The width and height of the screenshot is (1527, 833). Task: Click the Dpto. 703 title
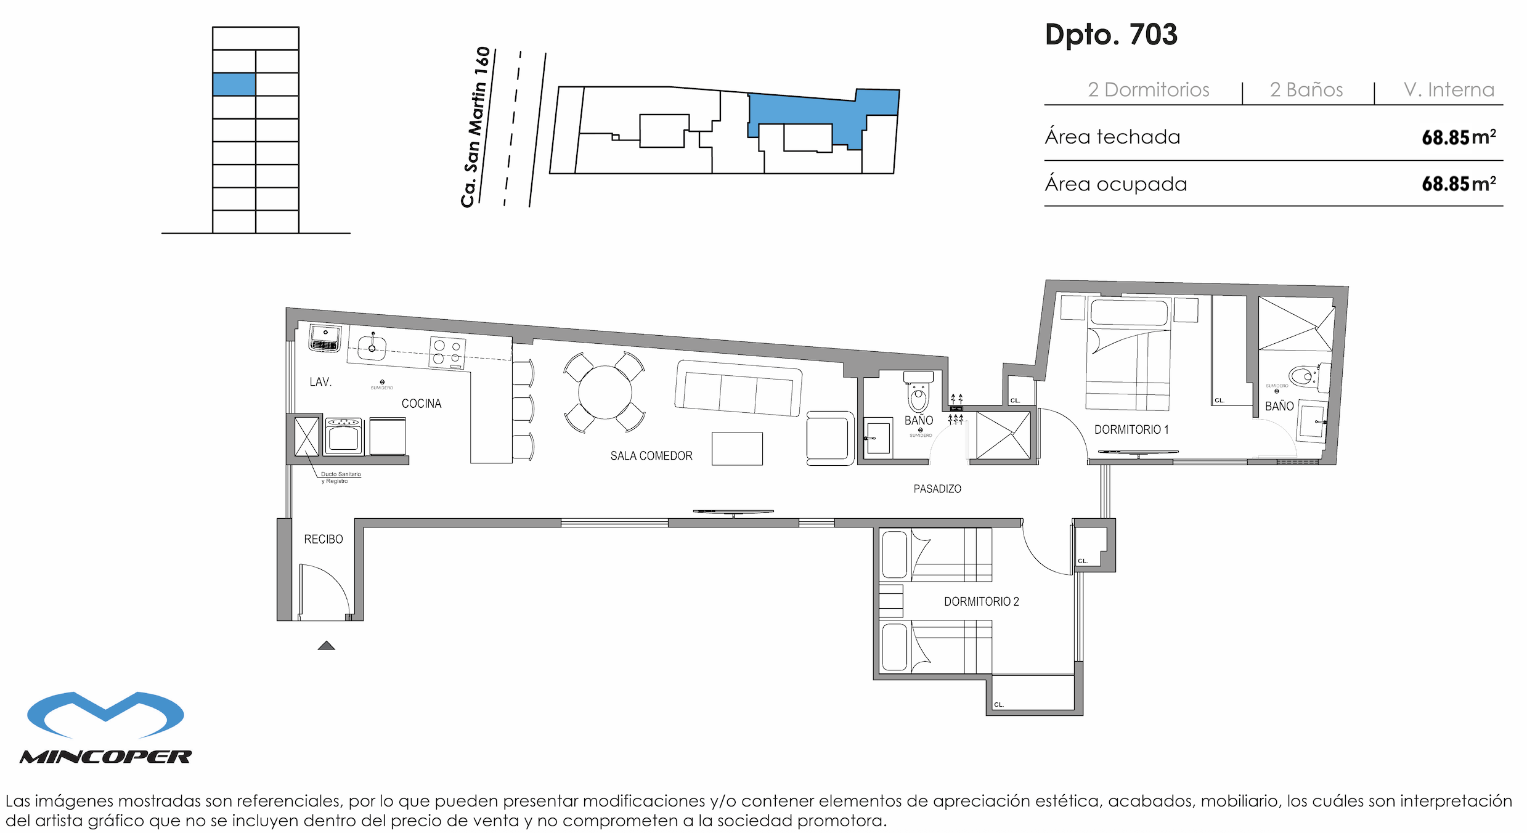point(1110,35)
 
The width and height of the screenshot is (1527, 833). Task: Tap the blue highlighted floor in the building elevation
point(234,84)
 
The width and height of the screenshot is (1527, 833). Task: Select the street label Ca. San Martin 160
point(476,127)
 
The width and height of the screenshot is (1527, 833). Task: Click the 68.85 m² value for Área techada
point(1458,137)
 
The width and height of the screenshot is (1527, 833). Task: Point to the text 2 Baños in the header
point(1306,90)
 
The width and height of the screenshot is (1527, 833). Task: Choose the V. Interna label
point(1448,90)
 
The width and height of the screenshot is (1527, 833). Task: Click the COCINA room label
point(421,404)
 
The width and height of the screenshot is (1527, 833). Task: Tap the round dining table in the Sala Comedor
point(605,392)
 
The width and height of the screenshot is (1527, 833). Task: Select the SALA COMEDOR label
point(651,456)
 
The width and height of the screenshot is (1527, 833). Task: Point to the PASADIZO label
point(937,489)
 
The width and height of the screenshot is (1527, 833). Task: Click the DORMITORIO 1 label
point(1131,429)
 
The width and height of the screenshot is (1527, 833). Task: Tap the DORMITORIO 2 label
point(981,601)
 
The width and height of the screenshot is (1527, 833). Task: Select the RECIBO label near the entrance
point(323,539)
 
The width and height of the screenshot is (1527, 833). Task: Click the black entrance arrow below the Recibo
point(326,646)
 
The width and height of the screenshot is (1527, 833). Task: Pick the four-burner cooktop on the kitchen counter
point(447,353)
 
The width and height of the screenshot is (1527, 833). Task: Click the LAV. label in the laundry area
point(320,382)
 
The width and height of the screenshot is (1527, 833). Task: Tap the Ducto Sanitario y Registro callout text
point(340,477)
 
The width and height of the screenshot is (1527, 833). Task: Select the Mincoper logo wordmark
point(105,757)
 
